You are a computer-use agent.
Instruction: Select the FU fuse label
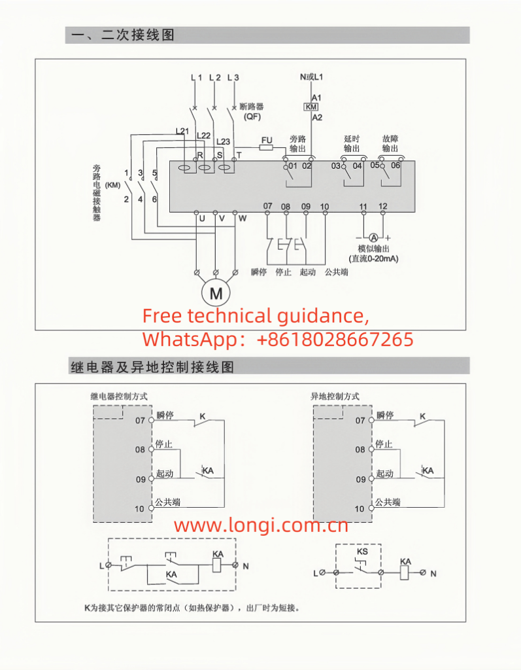click(266, 140)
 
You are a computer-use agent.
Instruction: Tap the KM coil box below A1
click(312, 107)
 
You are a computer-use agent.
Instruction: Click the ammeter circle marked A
click(373, 237)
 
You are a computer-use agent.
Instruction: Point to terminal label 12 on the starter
click(383, 207)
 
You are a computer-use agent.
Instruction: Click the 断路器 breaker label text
click(251, 106)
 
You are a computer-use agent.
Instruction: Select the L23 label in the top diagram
click(223, 141)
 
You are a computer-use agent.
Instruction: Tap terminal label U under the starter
click(202, 218)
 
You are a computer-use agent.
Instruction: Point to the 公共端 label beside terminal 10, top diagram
click(337, 272)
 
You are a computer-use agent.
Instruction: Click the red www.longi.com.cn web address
click(261, 525)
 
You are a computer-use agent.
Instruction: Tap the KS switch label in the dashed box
click(361, 552)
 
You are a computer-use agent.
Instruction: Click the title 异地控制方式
click(335, 397)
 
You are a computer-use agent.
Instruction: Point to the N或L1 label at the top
click(312, 77)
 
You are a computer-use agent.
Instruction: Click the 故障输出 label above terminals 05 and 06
click(392, 143)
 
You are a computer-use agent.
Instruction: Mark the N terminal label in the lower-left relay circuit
click(246, 565)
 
